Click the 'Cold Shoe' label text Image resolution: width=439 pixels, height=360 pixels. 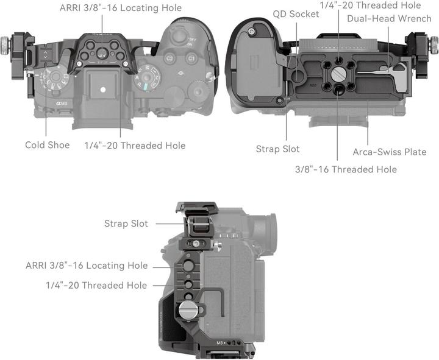pos(47,145)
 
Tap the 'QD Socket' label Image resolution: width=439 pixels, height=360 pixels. pos(296,13)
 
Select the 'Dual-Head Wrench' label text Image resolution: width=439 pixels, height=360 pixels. pos(389,18)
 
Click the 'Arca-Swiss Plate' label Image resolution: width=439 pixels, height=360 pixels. pos(389,152)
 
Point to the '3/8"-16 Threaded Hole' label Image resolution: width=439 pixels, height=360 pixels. pos(346,169)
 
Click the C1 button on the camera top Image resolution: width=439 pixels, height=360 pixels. pos(191,58)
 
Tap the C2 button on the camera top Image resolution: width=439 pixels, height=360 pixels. pos(171,58)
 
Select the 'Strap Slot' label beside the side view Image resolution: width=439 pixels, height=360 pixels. pos(126,224)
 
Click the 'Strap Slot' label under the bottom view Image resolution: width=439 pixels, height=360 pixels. pos(277,149)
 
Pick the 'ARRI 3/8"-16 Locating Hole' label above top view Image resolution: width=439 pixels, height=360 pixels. pos(120,8)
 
